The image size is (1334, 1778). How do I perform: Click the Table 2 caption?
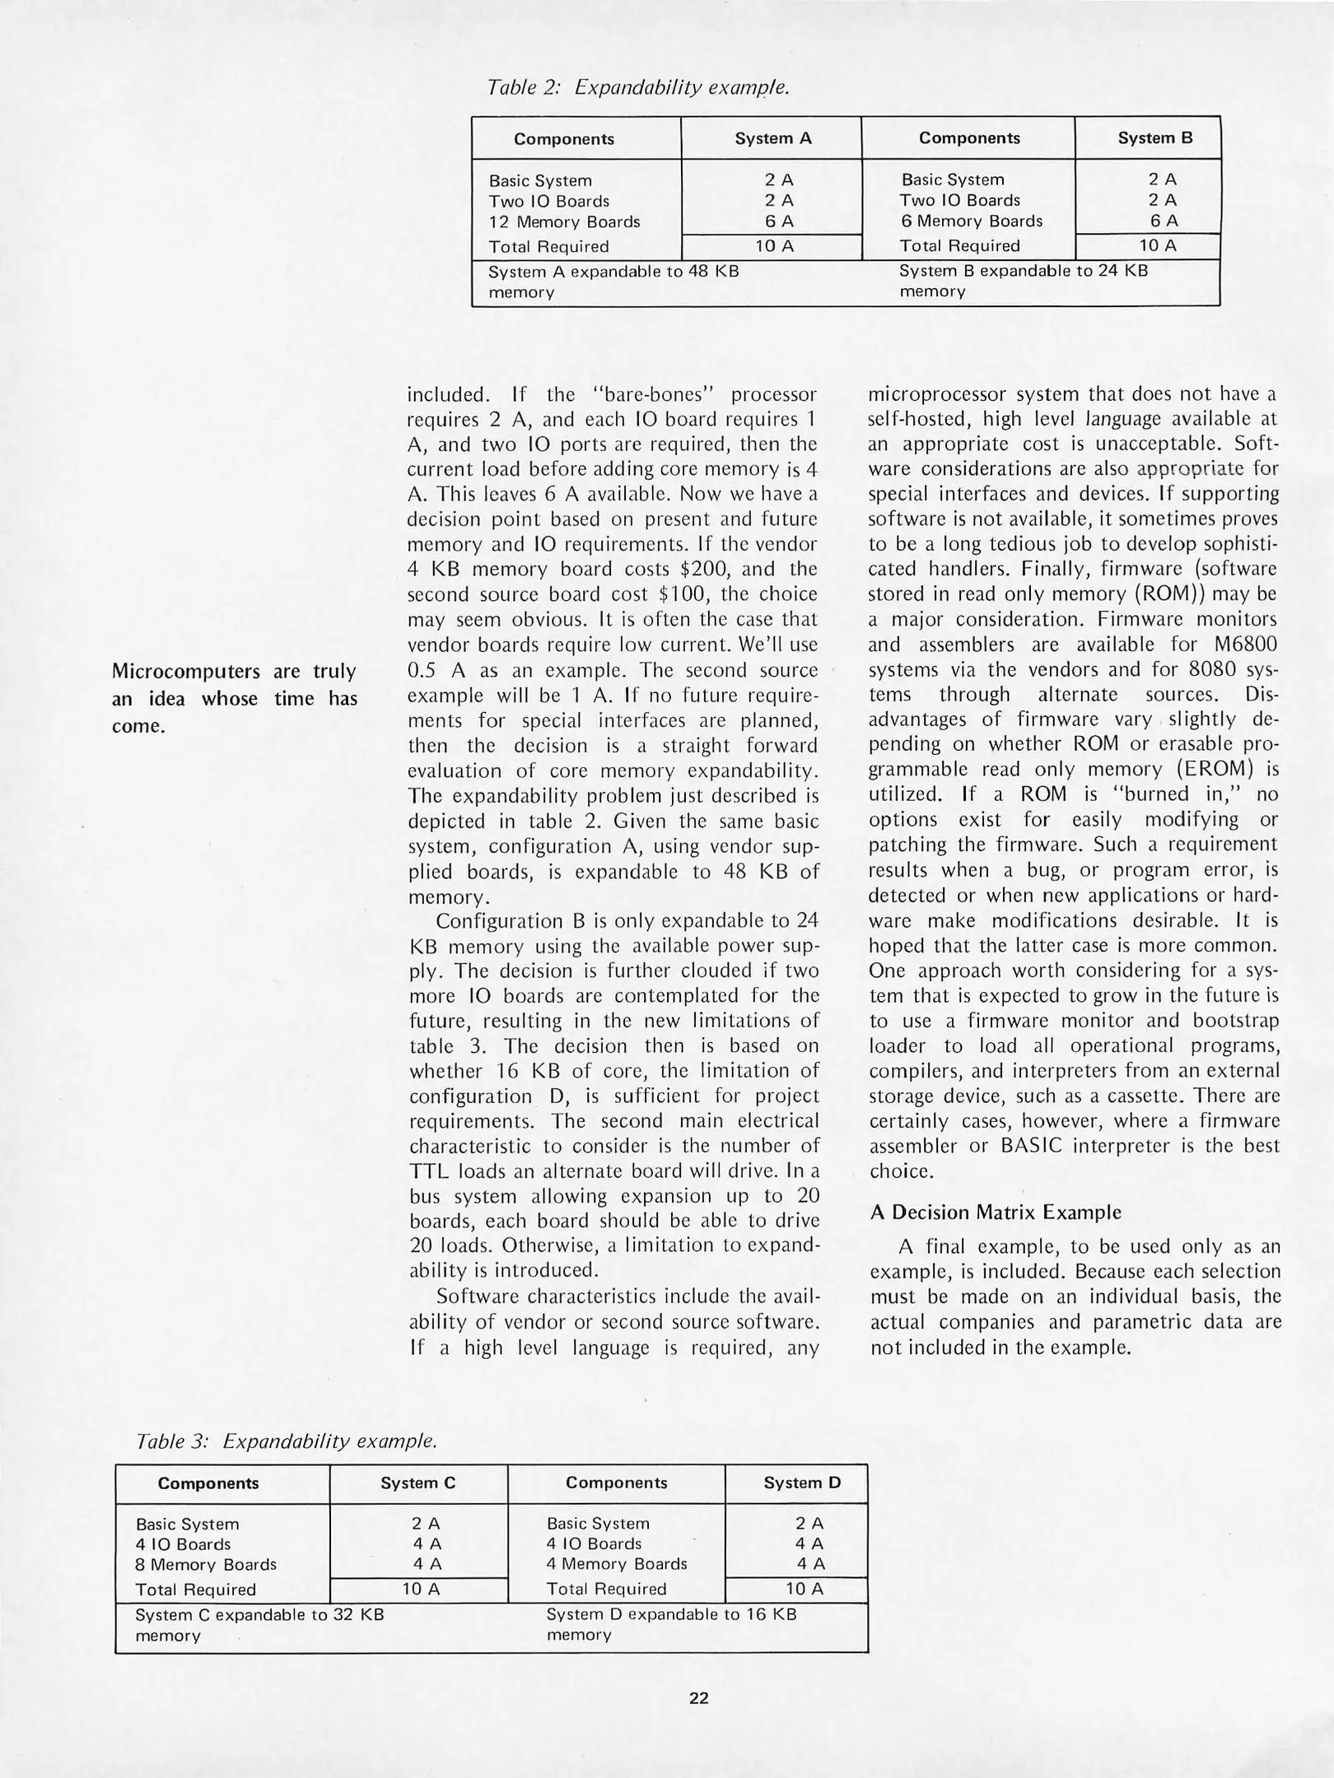(x=638, y=86)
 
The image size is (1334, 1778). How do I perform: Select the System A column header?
(x=772, y=138)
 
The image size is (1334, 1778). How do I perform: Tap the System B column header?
(x=1154, y=138)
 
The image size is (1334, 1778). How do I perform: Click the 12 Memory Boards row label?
(x=564, y=222)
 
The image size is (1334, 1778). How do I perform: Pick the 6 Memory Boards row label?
(x=971, y=221)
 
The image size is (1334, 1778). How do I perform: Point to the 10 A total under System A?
(x=772, y=246)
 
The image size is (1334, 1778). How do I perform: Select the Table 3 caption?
(x=286, y=1441)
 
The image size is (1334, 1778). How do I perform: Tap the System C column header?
(x=417, y=1483)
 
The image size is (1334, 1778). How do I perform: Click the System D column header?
(x=801, y=1483)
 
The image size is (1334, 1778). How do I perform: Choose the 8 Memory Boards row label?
(x=206, y=1565)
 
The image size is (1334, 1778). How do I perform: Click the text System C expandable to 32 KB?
(x=259, y=1615)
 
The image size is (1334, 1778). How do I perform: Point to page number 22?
(x=698, y=1698)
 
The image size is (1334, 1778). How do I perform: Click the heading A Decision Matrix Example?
(x=995, y=1212)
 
